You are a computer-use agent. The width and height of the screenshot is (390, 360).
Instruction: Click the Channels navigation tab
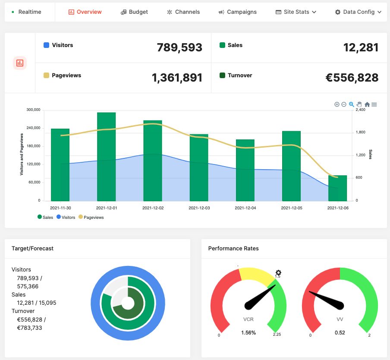[x=183, y=12]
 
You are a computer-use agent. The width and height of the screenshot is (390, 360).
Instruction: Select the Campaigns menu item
[x=238, y=12]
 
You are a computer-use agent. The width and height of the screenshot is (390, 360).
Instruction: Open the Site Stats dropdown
[x=296, y=12]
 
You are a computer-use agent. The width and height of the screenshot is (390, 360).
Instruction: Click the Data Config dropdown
[x=358, y=12]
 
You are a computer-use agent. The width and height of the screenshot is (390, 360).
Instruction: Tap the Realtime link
[x=27, y=12]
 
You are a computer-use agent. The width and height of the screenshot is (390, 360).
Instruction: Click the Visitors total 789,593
[x=179, y=47]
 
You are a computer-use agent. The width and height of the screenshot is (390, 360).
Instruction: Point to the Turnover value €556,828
[x=352, y=78]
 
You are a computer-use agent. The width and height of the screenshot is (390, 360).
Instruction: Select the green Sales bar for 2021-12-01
[x=106, y=156]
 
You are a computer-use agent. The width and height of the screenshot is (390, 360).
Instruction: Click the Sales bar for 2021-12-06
[x=338, y=188]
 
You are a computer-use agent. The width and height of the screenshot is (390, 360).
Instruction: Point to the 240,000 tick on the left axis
[x=33, y=128]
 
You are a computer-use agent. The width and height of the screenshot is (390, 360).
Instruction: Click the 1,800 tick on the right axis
[x=360, y=133]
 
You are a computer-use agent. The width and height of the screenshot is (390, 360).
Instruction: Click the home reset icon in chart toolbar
[x=367, y=104]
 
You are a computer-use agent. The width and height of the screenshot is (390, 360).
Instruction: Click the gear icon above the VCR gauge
[x=278, y=272]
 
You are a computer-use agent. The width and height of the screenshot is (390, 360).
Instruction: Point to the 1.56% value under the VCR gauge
[x=248, y=333]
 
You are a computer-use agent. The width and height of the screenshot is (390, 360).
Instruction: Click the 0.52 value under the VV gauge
[x=340, y=333]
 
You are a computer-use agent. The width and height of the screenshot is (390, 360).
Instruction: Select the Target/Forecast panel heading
[x=32, y=249]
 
